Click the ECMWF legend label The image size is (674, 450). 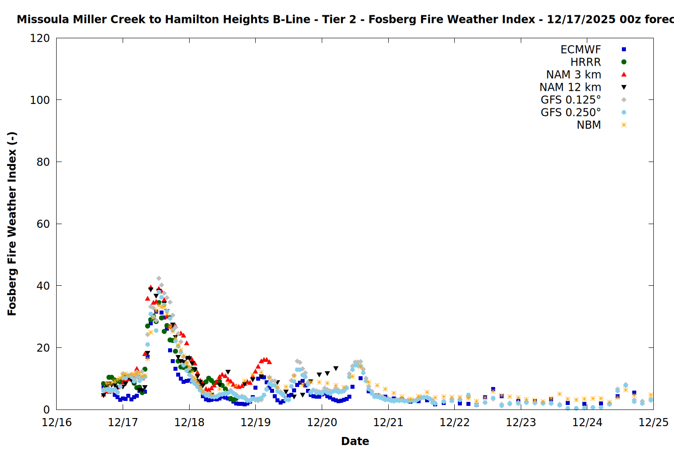(x=581, y=49)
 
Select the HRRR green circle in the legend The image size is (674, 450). (x=624, y=62)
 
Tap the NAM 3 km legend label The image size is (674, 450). (x=573, y=75)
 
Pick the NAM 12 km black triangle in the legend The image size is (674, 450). (x=624, y=87)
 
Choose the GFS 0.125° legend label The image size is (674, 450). (x=571, y=100)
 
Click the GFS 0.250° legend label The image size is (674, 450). (x=571, y=112)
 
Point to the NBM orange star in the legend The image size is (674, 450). (x=624, y=125)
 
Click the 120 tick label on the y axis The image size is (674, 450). (x=40, y=38)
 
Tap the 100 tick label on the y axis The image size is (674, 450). (x=40, y=100)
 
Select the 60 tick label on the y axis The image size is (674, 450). (x=43, y=224)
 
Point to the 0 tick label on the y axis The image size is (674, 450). (x=47, y=409)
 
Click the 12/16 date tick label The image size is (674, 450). (x=57, y=423)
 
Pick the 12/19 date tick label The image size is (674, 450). (x=256, y=423)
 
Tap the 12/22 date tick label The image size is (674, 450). (x=455, y=423)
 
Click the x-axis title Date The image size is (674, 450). (x=355, y=441)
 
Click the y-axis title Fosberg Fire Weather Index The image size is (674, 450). (x=12, y=224)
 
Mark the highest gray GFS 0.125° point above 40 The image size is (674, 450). (x=159, y=279)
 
